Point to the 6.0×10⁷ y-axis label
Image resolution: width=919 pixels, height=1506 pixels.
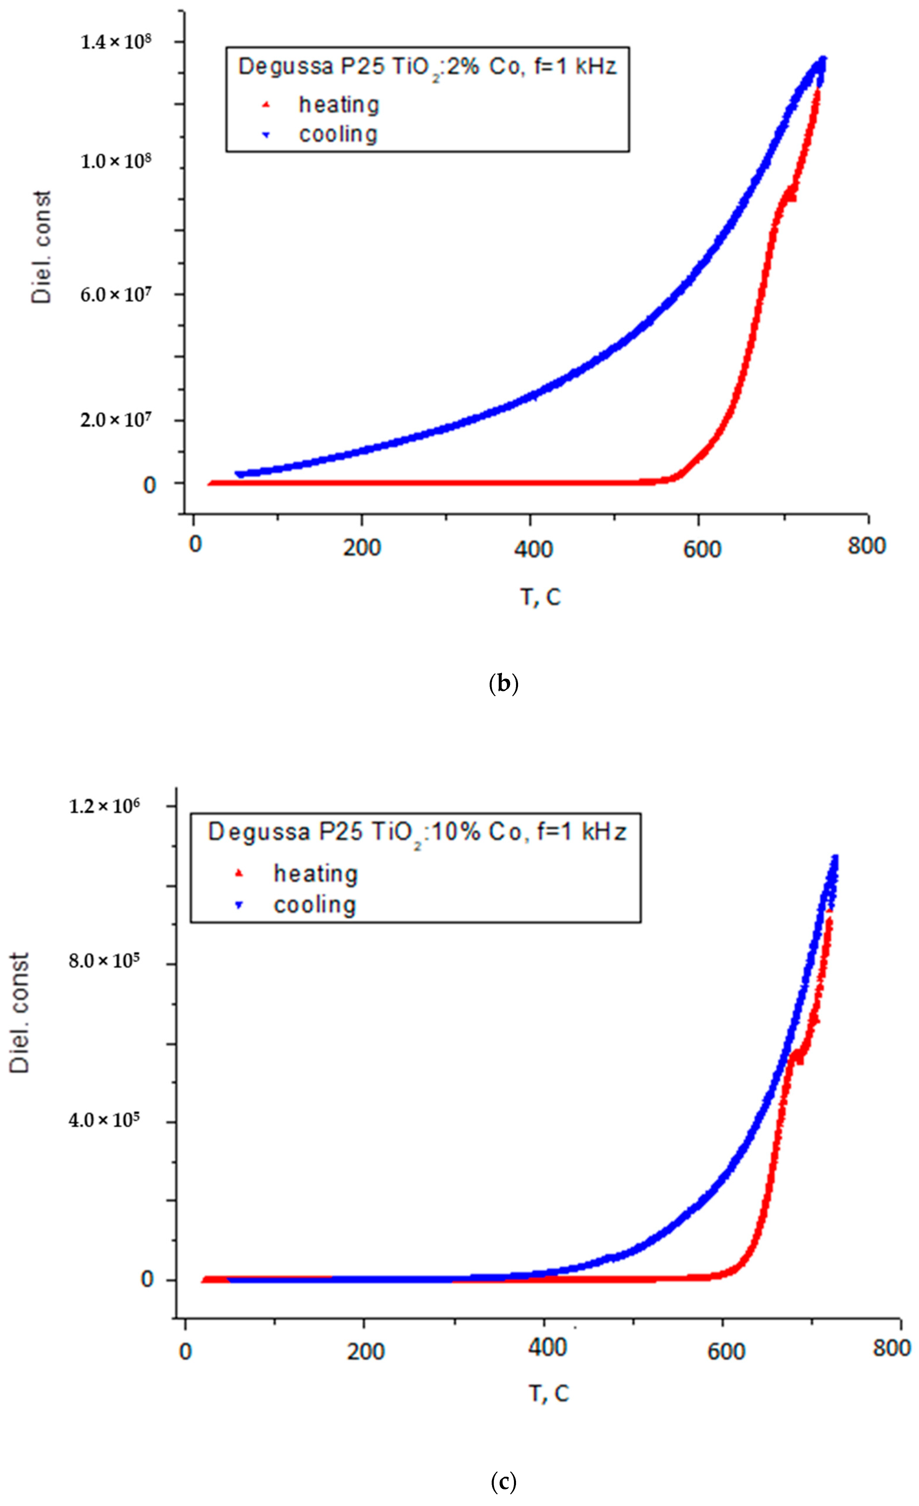click(116, 295)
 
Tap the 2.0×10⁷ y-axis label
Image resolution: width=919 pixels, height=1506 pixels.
click(116, 420)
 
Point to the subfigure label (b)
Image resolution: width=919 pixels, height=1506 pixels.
click(504, 683)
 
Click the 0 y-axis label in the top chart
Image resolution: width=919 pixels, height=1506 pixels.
click(149, 485)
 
